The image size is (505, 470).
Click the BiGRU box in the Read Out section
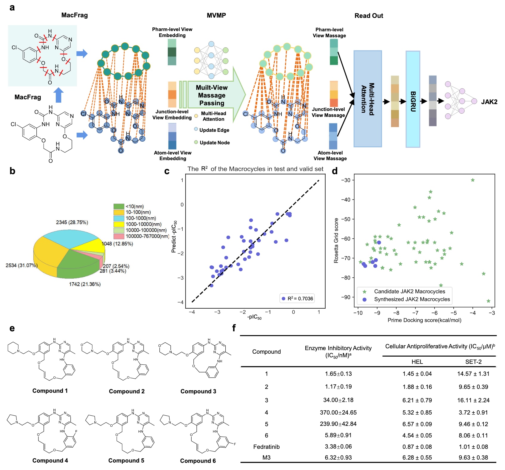[x=413, y=99]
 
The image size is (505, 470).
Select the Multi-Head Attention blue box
[x=367, y=99]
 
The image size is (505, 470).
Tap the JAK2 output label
[x=489, y=102]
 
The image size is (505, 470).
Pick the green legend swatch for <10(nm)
[x=119, y=206]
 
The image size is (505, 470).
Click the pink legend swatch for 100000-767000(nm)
[x=119, y=236]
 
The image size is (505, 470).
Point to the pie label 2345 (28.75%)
[x=72, y=222]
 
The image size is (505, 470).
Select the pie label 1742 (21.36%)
[x=85, y=284]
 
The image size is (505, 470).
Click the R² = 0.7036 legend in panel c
[x=297, y=299]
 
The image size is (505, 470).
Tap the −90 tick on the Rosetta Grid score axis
[x=346, y=297]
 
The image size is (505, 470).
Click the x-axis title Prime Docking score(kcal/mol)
[x=424, y=320]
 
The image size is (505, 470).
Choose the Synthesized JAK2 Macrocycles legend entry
[x=412, y=299]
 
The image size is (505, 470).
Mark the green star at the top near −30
[x=473, y=180]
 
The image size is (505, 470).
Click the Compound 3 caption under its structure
[x=198, y=391]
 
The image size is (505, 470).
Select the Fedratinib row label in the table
[x=266, y=447]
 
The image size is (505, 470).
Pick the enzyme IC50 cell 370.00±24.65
[x=338, y=412]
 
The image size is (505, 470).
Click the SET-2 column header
[x=473, y=362]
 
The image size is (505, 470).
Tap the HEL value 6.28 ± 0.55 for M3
[x=417, y=457]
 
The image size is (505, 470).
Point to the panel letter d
[x=335, y=171]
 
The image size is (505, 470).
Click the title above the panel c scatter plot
[x=255, y=169]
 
